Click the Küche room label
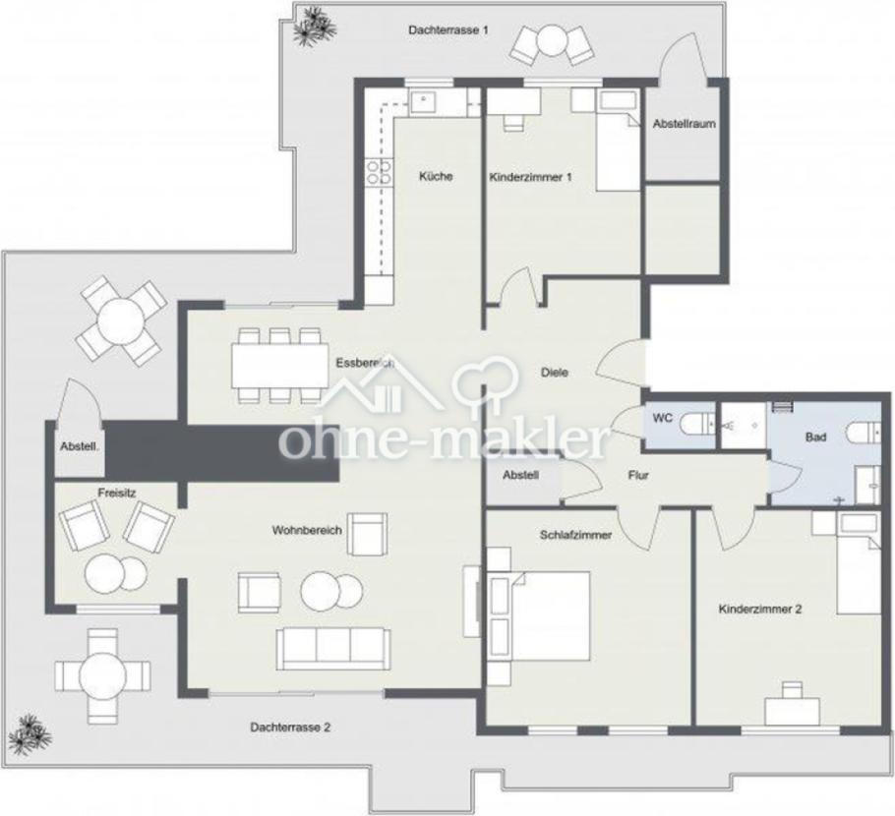tap(436, 176)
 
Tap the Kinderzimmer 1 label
tap(530, 178)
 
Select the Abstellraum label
tap(684, 123)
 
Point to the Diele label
tap(555, 373)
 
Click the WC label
tap(662, 418)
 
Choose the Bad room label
tap(815, 437)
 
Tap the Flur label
tap(638, 475)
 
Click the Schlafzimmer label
tap(575, 535)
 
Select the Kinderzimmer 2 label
tap(759, 609)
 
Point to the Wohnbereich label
tap(307, 530)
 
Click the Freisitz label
tap(116, 493)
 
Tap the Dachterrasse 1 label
tap(448, 29)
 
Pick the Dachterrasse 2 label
tap(290, 728)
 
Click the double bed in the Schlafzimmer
tap(538, 616)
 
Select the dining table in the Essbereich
tap(279, 365)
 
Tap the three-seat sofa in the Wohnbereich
tap(334, 649)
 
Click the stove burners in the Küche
tap(379, 172)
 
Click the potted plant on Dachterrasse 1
tap(314, 27)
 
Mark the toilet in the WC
tap(698, 424)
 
